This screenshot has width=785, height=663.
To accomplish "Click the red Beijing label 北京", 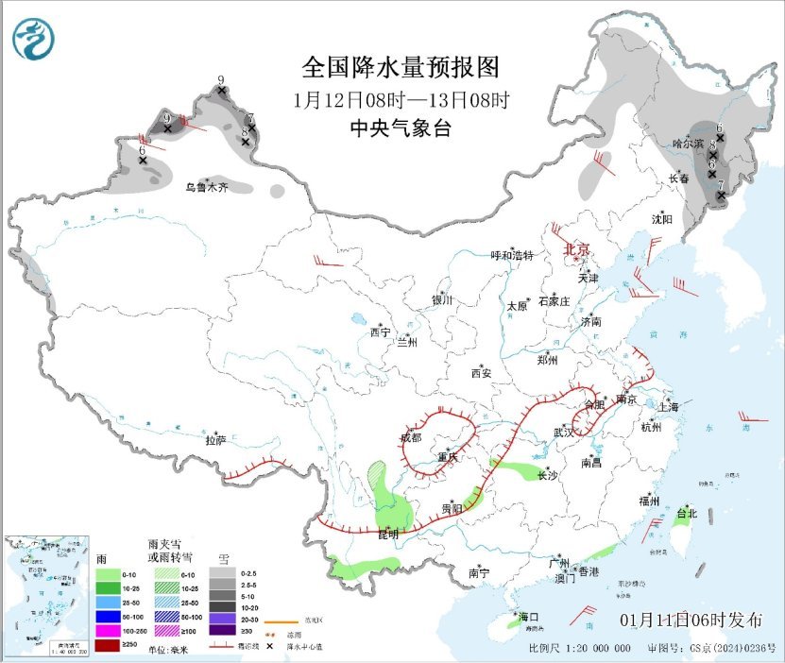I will coord(576,249).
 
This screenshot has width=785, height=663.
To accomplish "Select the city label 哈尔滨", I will coord(688,144).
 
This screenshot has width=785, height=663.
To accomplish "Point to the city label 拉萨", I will coord(215,440).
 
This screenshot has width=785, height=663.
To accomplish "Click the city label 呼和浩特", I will coord(512,256).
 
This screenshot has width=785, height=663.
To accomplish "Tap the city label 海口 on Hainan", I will coord(527,617).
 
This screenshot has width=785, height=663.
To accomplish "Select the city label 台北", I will coord(686,515).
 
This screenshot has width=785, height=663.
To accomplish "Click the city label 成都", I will coord(411,437).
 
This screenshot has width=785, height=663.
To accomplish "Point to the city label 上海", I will coord(669,407).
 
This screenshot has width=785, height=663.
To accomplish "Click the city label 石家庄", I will coord(554,301).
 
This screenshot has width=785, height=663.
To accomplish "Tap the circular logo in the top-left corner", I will coord(33,39).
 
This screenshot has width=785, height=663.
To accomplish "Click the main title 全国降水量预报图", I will coord(400,68).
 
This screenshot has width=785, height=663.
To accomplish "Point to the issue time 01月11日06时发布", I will coord(691,620).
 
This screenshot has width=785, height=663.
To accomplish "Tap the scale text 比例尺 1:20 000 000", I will coord(579,650).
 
